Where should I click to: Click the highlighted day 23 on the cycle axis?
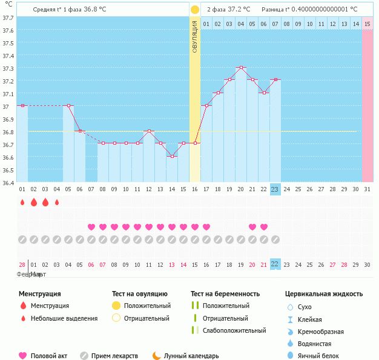coord(275,189)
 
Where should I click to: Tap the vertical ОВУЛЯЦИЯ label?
coord(195,36)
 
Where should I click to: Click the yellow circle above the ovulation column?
coord(195,10)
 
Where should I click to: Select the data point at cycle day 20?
coord(241,67)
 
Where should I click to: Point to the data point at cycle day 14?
coord(172,156)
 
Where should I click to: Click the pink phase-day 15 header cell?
coord(367,24)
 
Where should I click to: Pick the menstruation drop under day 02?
coord(34,202)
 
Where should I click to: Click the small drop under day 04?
coord(57,202)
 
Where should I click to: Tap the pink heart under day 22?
coord(264,227)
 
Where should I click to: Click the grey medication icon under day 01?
coord(22,240)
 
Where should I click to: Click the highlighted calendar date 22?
coord(275,264)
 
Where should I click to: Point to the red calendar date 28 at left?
coord(22,264)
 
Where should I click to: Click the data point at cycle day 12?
coord(149,131)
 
